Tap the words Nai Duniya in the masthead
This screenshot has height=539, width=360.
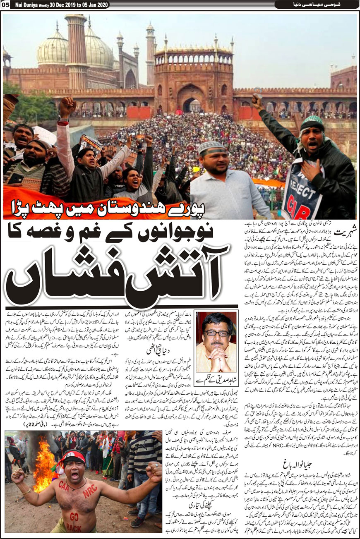(29, 5)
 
